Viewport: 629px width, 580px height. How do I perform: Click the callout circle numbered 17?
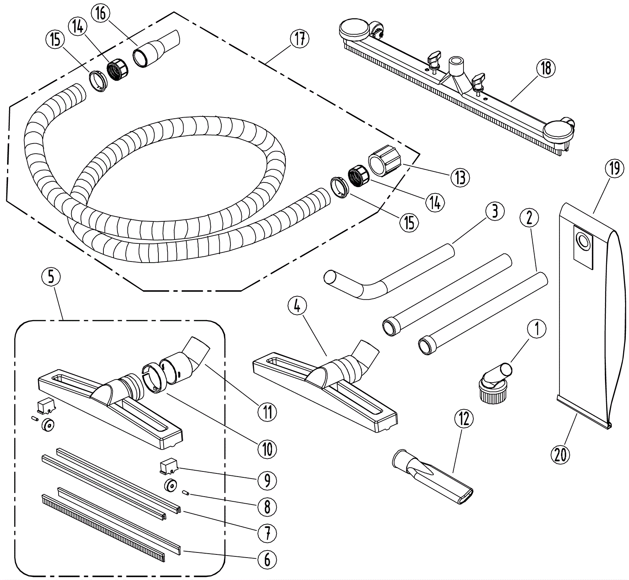click(300, 39)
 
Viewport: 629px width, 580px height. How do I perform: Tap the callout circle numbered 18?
click(546, 68)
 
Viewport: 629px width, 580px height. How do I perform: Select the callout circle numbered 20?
click(560, 455)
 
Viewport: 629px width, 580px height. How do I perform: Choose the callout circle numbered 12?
click(464, 420)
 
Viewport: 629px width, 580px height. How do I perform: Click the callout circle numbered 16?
click(101, 13)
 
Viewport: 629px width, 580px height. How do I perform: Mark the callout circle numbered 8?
click(267, 507)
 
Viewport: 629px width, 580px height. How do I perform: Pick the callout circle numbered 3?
click(495, 211)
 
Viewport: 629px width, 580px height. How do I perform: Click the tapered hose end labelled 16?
click(155, 49)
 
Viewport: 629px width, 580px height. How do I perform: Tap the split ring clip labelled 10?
click(153, 378)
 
